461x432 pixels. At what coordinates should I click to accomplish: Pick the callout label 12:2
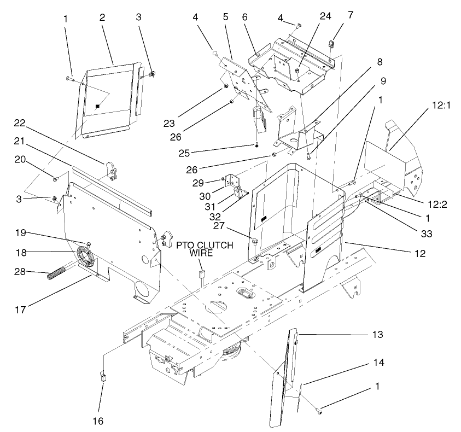pyautogui.click(x=438, y=204)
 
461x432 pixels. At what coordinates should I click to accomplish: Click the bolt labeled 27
pyautogui.click(x=255, y=240)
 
